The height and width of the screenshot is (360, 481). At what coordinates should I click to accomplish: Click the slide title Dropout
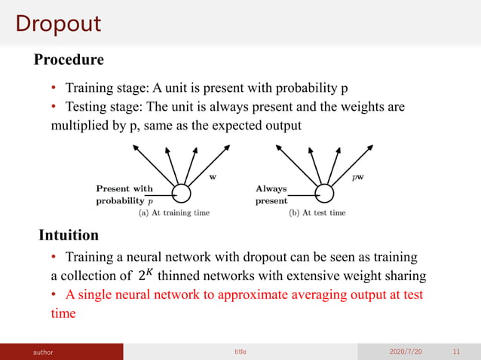(x=58, y=23)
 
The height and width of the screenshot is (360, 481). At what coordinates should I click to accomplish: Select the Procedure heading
(x=69, y=59)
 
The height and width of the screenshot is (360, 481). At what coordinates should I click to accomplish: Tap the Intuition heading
(x=69, y=235)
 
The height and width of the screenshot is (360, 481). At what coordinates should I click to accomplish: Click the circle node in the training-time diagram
(x=181, y=194)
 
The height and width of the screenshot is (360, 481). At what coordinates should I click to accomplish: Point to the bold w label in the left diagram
(x=212, y=178)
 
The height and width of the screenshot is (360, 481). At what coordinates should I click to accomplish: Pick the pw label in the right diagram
(x=360, y=178)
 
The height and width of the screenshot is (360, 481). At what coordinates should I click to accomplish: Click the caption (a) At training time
(x=173, y=213)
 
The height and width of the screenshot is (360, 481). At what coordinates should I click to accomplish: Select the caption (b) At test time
(x=317, y=213)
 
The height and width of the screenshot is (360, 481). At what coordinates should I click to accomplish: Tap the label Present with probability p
(x=124, y=195)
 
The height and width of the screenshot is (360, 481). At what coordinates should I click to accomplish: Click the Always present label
(x=271, y=195)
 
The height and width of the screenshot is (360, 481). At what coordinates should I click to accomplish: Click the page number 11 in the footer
(x=456, y=352)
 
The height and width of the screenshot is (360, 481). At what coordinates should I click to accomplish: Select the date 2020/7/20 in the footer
(x=406, y=352)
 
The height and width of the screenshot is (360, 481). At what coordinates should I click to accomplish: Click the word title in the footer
(x=240, y=352)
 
